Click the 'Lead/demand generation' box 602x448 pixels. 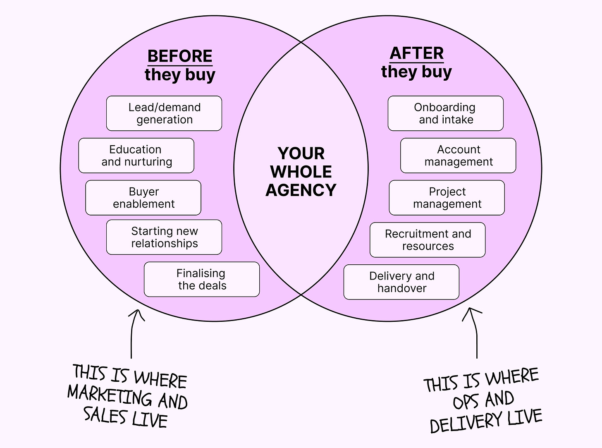click(164, 113)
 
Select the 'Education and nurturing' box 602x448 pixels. click(136, 156)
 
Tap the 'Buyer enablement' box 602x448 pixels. click(143, 198)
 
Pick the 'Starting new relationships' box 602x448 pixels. click(164, 237)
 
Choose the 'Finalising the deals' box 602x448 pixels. click(202, 279)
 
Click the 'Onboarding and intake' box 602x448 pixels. click(445, 113)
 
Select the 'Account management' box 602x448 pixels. click(458, 156)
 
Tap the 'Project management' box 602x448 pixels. click(447, 198)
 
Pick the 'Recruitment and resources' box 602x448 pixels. click(428, 240)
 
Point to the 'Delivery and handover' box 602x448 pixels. click(401, 282)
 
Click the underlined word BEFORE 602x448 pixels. click(180, 56)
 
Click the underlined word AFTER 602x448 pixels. click(416, 53)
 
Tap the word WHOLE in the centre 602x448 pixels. click(301, 172)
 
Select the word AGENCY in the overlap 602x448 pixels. click(301, 190)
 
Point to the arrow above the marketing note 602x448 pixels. click(133, 333)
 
